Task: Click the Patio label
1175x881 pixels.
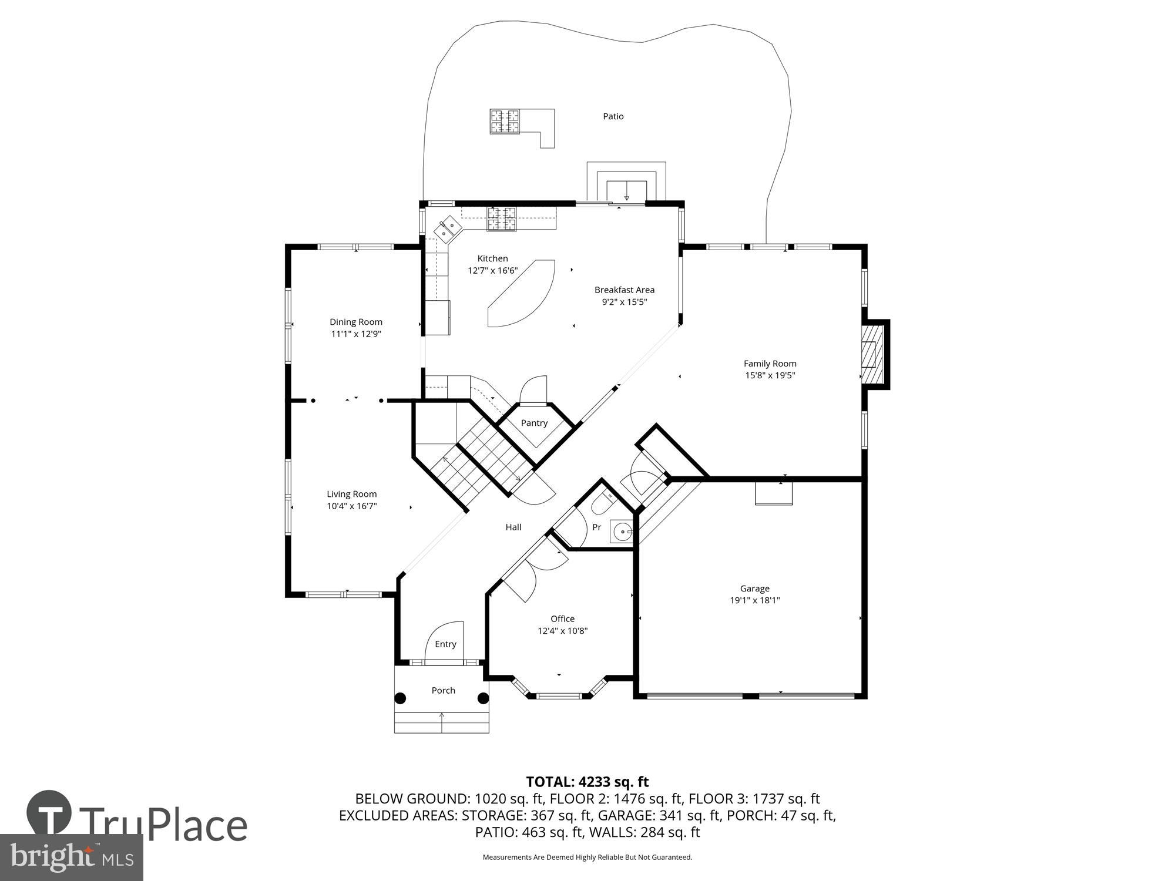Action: pyautogui.click(x=613, y=116)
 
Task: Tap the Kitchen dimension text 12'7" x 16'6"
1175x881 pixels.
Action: pyautogui.click(x=492, y=271)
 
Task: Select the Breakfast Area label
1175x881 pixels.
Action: pyautogui.click(x=624, y=290)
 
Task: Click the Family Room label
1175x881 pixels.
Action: pyautogui.click(x=770, y=364)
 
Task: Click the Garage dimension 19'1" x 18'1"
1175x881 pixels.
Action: pyautogui.click(x=754, y=600)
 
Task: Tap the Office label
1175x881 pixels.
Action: pyautogui.click(x=562, y=618)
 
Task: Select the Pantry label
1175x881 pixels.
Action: pyautogui.click(x=534, y=423)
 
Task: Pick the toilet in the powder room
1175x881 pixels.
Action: pyautogui.click(x=602, y=504)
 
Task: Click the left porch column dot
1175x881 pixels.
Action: pyautogui.click(x=400, y=698)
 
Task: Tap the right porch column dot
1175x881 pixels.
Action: pyautogui.click(x=483, y=698)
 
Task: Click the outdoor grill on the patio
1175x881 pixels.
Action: pyautogui.click(x=505, y=122)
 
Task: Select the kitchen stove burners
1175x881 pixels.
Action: pyautogui.click(x=501, y=218)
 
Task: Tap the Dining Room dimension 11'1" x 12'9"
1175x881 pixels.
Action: pyautogui.click(x=355, y=334)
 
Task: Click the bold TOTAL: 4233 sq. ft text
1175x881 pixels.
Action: pyautogui.click(x=587, y=782)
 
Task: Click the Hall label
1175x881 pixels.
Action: pyautogui.click(x=513, y=527)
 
